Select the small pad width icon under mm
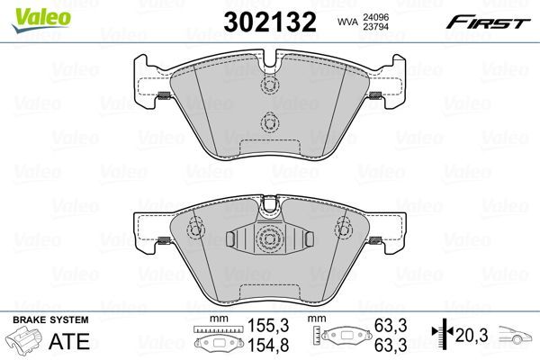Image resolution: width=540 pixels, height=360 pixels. [213, 342]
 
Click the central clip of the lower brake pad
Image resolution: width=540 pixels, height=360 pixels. [267, 239]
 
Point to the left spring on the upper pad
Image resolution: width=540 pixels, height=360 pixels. [165, 97]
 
